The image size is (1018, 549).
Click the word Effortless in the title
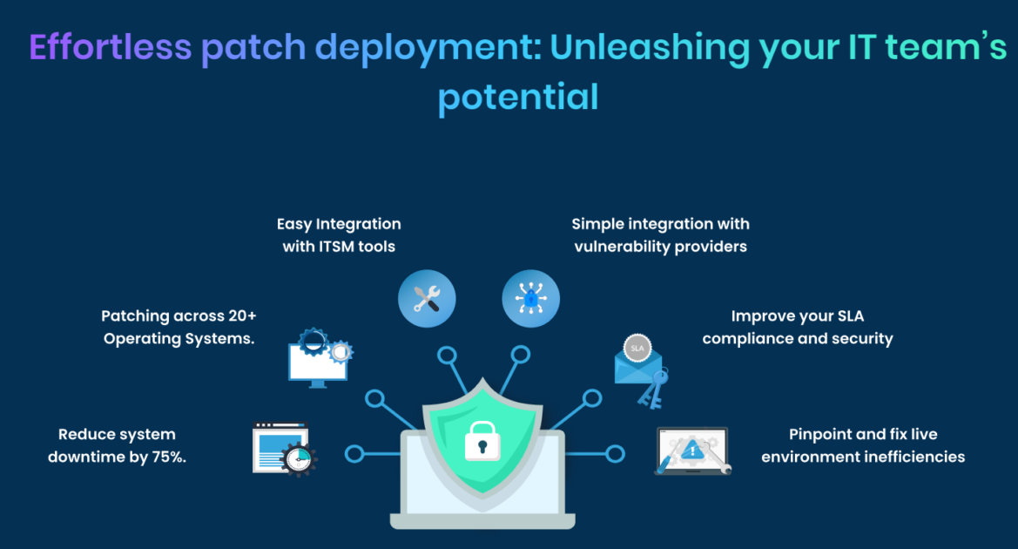[111, 47]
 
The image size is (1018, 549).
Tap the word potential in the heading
[518, 98]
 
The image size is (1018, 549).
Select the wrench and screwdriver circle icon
[427, 299]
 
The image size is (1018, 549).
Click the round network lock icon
[530, 299]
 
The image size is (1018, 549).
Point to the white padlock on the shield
[482, 441]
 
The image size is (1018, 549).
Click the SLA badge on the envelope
[637, 349]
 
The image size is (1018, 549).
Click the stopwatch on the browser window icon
[299, 458]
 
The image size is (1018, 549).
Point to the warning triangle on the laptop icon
[692, 449]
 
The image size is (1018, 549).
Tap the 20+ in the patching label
[242, 315]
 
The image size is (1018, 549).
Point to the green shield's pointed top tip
[482, 377]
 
